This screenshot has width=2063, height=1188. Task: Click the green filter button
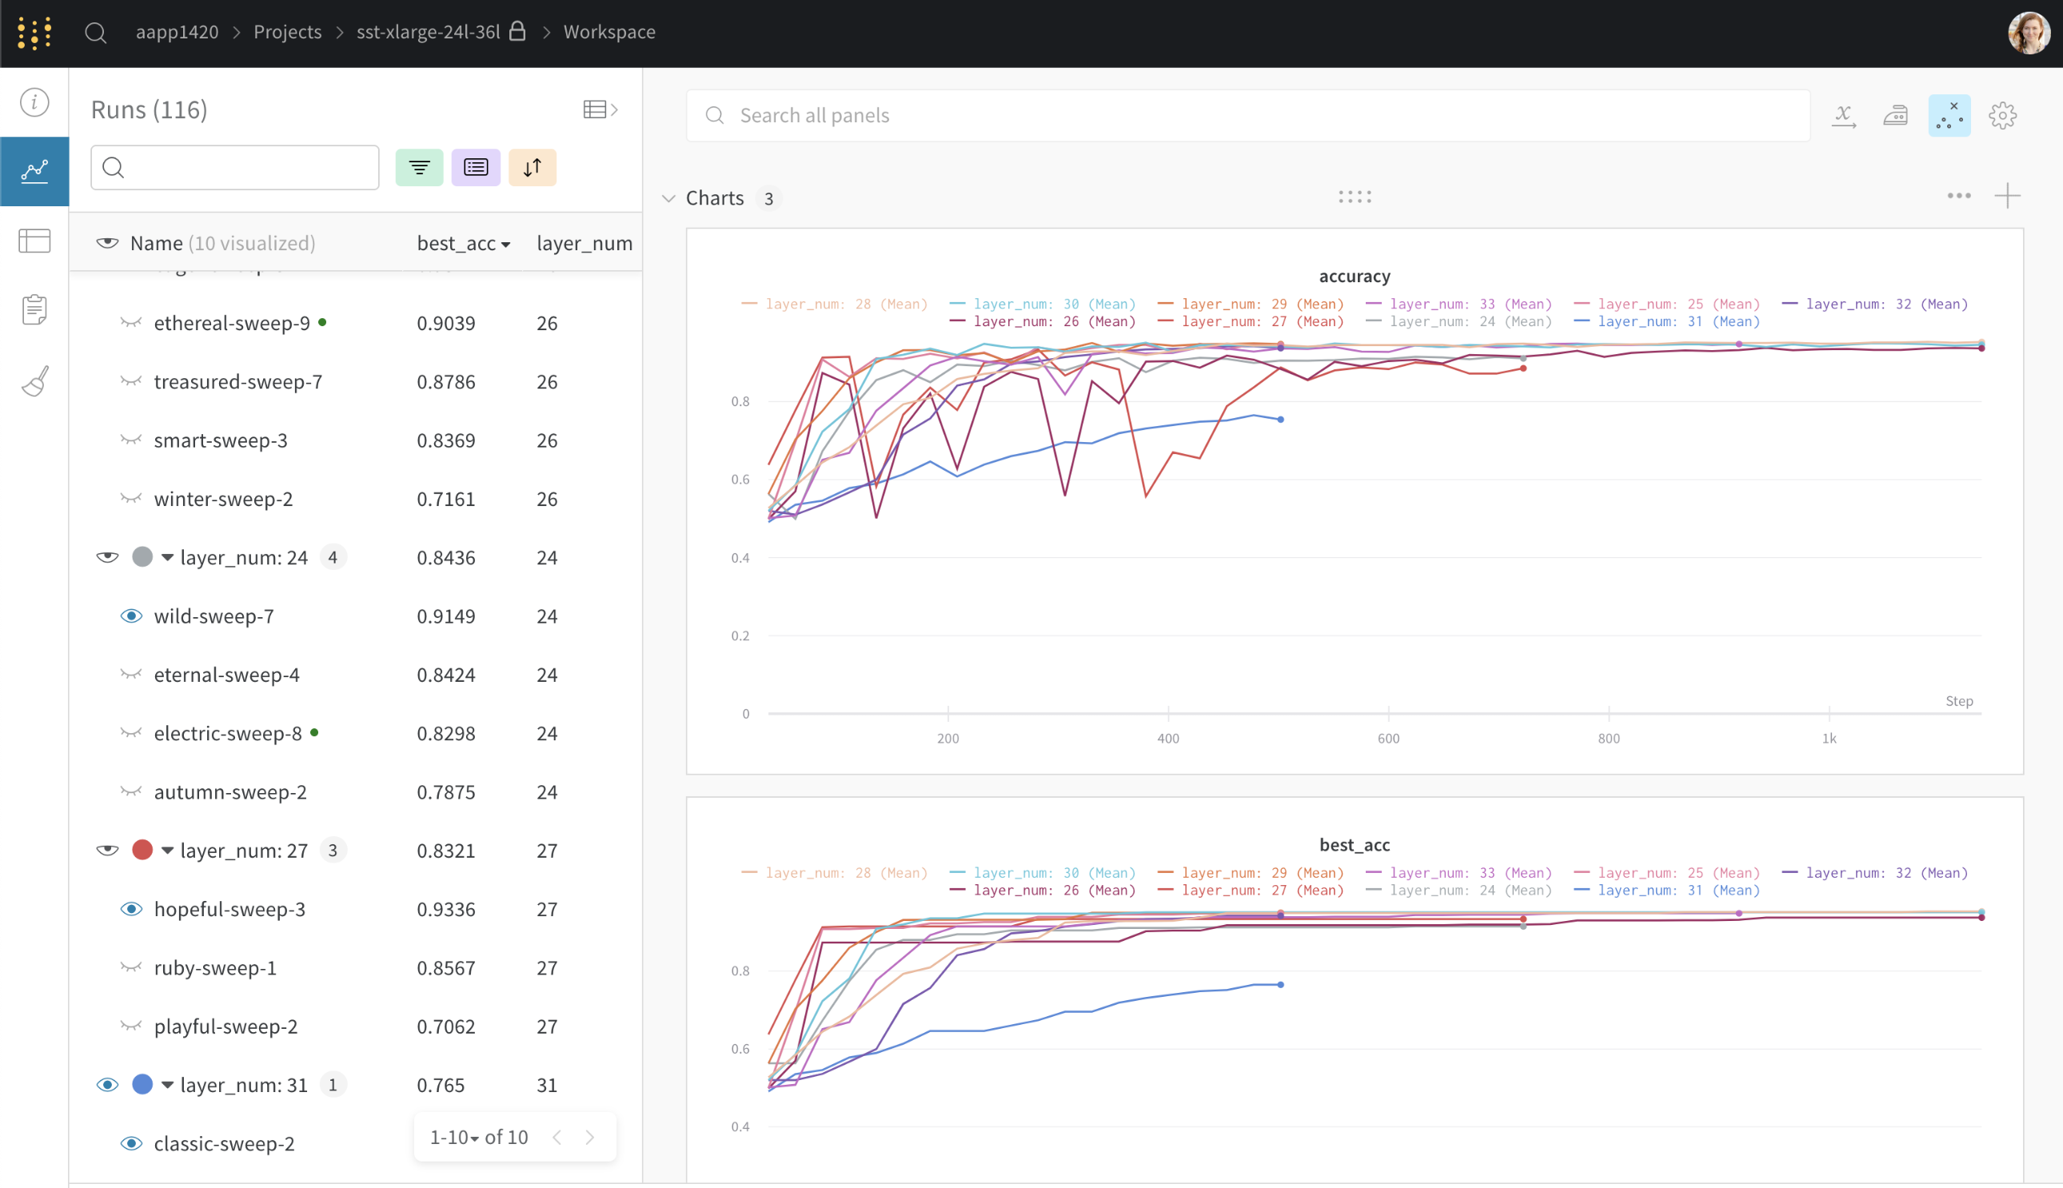(x=419, y=167)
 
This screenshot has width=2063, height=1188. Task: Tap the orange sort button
(x=532, y=167)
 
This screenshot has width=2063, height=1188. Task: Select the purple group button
(x=476, y=167)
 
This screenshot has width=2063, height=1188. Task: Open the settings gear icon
(x=2001, y=115)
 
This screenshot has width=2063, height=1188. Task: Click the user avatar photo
(x=2029, y=33)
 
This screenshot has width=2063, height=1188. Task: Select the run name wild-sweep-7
(x=213, y=616)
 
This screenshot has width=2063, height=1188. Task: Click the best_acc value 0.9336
(x=445, y=909)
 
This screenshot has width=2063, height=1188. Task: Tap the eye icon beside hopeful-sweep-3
(x=131, y=909)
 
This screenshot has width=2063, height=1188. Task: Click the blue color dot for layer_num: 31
(x=142, y=1084)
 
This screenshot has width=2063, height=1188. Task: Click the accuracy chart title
(x=1354, y=276)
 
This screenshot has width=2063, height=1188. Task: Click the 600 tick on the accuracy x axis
(x=1387, y=738)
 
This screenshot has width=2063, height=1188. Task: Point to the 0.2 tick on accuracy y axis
(x=740, y=636)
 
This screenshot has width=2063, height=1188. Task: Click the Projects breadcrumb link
(x=287, y=32)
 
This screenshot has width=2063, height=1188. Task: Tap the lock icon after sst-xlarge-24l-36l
(x=517, y=31)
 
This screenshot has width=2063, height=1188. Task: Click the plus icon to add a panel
(x=2007, y=196)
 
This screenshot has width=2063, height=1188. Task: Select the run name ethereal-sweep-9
(x=232, y=323)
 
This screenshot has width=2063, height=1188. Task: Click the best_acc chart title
(x=1354, y=844)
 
